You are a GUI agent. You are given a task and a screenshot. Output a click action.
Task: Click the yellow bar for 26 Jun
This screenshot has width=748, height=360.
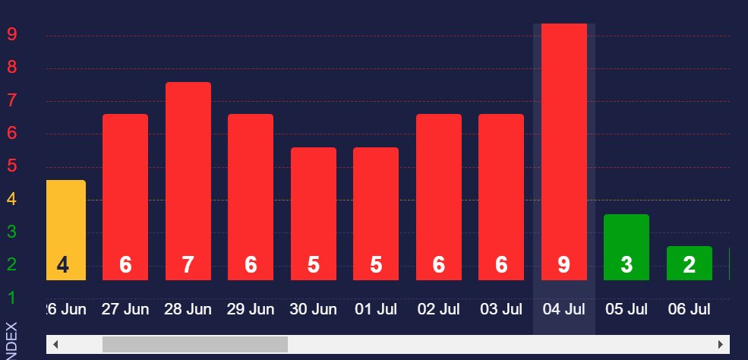65,228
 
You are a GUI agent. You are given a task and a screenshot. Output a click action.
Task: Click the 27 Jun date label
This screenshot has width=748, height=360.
125,310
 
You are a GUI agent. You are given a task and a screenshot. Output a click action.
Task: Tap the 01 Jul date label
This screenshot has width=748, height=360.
376,310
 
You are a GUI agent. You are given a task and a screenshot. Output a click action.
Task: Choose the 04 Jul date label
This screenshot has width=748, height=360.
563,310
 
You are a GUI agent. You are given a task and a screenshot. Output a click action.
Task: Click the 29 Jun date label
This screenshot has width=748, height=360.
251,310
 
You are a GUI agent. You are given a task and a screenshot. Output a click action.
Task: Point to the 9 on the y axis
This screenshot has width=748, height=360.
11,34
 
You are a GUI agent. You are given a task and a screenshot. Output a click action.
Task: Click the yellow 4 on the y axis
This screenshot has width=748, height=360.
11,199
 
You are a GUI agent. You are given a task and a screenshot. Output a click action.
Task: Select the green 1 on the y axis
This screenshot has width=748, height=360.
11,298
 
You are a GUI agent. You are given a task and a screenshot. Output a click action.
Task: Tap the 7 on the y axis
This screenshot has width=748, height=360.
11,100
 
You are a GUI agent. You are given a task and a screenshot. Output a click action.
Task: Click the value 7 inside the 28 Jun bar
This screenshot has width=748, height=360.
188,265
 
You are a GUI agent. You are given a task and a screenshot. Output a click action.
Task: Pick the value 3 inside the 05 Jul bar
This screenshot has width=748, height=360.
626,265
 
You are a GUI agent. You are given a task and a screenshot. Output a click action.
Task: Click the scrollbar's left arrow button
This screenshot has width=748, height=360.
55,345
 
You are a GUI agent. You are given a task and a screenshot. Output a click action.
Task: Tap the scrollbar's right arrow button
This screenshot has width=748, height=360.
721,345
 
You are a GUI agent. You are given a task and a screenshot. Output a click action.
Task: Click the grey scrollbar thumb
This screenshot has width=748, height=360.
195,345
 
